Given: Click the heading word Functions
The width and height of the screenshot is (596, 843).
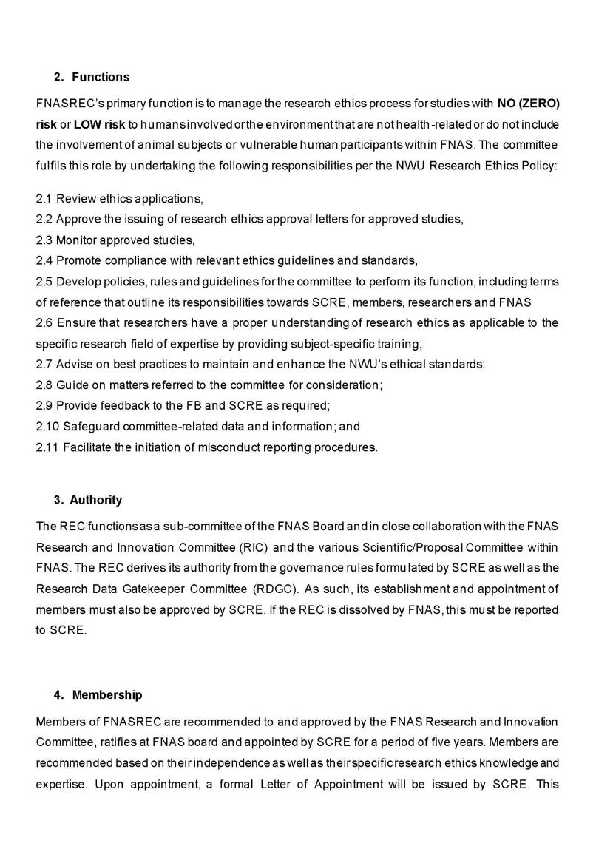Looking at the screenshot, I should pos(101,77).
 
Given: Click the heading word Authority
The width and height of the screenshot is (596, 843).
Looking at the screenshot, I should pos(96,500).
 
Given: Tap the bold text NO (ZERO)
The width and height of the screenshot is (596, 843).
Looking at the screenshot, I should pos(528,103).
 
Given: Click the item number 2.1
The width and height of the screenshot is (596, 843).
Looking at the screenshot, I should pos(44,199).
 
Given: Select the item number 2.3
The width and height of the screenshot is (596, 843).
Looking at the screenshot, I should pos(44,240).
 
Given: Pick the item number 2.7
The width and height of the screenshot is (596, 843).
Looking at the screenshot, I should pos(44,365).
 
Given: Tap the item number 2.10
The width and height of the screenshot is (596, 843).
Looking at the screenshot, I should pos(47,427).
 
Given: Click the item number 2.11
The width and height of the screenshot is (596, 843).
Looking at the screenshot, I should pos(47,447).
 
